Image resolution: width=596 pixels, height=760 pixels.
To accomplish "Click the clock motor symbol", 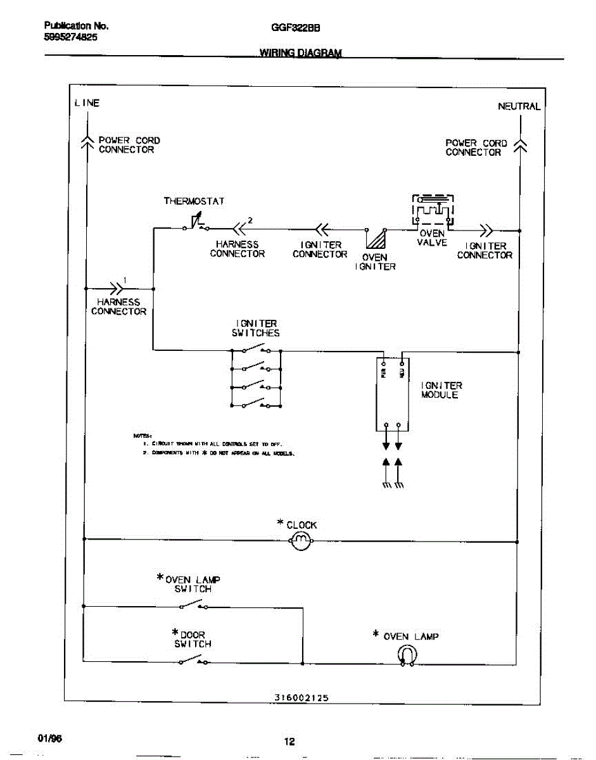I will (300, 540).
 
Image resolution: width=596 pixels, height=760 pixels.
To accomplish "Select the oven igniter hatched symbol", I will (376, 239).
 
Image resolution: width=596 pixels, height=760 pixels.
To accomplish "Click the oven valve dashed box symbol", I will (433, 209).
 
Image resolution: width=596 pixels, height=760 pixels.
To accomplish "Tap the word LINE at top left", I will (87, 103).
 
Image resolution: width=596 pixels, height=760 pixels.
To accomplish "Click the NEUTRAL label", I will (519, 106).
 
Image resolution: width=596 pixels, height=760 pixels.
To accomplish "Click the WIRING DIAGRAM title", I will (300, 53).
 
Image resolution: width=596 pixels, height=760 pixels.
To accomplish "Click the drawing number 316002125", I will (301, 697).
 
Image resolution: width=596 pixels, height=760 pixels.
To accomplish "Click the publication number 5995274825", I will (71, 37).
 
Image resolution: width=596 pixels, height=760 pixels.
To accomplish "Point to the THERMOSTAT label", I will (194, 201).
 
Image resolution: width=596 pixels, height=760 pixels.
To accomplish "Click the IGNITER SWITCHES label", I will (255, 328).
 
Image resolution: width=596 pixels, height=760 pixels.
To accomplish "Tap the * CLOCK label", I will (297, 524).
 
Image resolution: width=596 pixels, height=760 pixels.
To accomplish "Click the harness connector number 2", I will (250, 220).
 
